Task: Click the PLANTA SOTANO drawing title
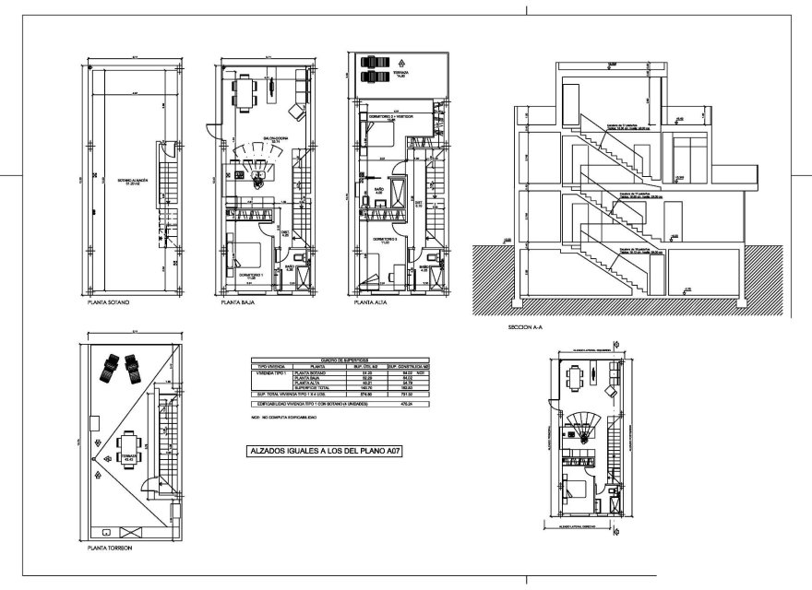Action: click(111, 302)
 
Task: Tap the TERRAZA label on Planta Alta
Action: click(400, 74)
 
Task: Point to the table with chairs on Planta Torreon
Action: click(126, 450)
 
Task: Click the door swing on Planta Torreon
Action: click(146, 487)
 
